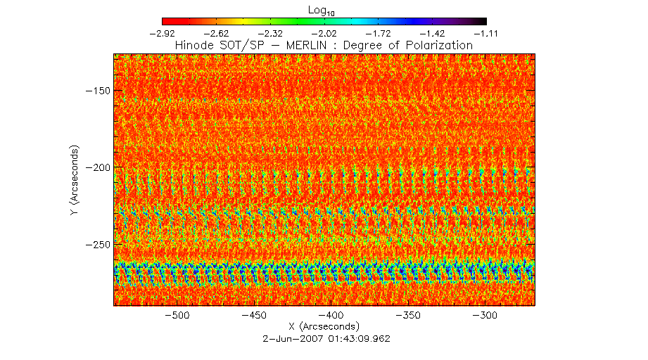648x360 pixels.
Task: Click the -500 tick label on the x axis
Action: pyautogui.click(x=177, y=316)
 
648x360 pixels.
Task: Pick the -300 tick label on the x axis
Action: pyautogui.click(x=486, y=316)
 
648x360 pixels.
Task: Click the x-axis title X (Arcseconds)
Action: pyautogui.click(x=324, y=327)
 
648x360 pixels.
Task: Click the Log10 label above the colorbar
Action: pyautogui.click(x=324, y=9)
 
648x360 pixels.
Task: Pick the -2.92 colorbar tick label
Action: pyautogui.click(x=163, y=32)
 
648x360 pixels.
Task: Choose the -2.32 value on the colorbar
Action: pyautogui.click(x=271, y=32)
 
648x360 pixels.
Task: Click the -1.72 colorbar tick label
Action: pyautogui.click(x=379, y=32)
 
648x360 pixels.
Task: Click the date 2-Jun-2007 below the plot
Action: pyautogui.click(x=287, y=338)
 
